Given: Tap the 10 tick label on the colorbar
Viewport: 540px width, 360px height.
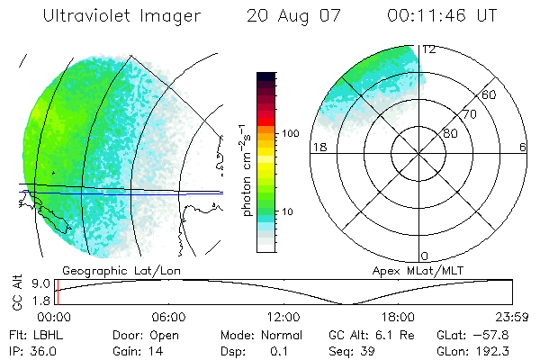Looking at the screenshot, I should [290, 212].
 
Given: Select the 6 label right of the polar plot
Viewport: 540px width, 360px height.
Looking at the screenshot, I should [522, 147].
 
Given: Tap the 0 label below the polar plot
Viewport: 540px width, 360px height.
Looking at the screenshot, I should [425, 256].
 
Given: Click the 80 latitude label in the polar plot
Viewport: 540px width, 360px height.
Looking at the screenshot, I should [450, 133].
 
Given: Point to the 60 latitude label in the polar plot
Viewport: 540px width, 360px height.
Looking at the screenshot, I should [489, 94].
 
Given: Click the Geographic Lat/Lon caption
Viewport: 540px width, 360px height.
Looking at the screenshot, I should [106, 269].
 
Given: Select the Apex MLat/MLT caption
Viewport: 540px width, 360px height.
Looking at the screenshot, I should [409, 269].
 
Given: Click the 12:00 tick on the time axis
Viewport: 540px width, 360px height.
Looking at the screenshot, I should [283, 317].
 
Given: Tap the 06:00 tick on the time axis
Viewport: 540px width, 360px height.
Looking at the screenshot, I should [169, 317].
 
